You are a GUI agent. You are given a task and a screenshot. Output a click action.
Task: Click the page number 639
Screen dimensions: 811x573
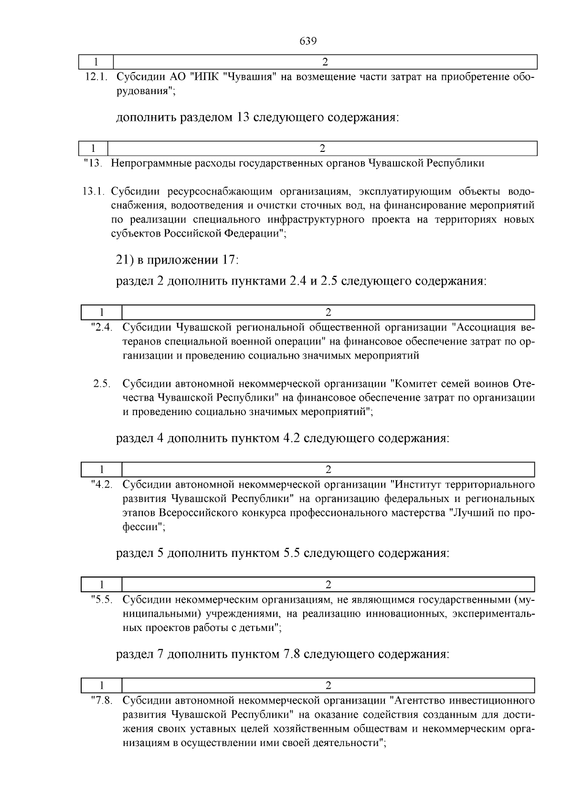coord(308,41)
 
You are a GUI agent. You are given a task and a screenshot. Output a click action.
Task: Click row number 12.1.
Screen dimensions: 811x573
coord(97,77)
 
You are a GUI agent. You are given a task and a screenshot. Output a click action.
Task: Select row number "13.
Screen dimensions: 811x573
coord(93,163)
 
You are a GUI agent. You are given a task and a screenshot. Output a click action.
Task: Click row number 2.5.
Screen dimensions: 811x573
coord(102,384)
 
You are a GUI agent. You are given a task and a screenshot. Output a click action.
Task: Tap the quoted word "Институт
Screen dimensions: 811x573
coord(415,485)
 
